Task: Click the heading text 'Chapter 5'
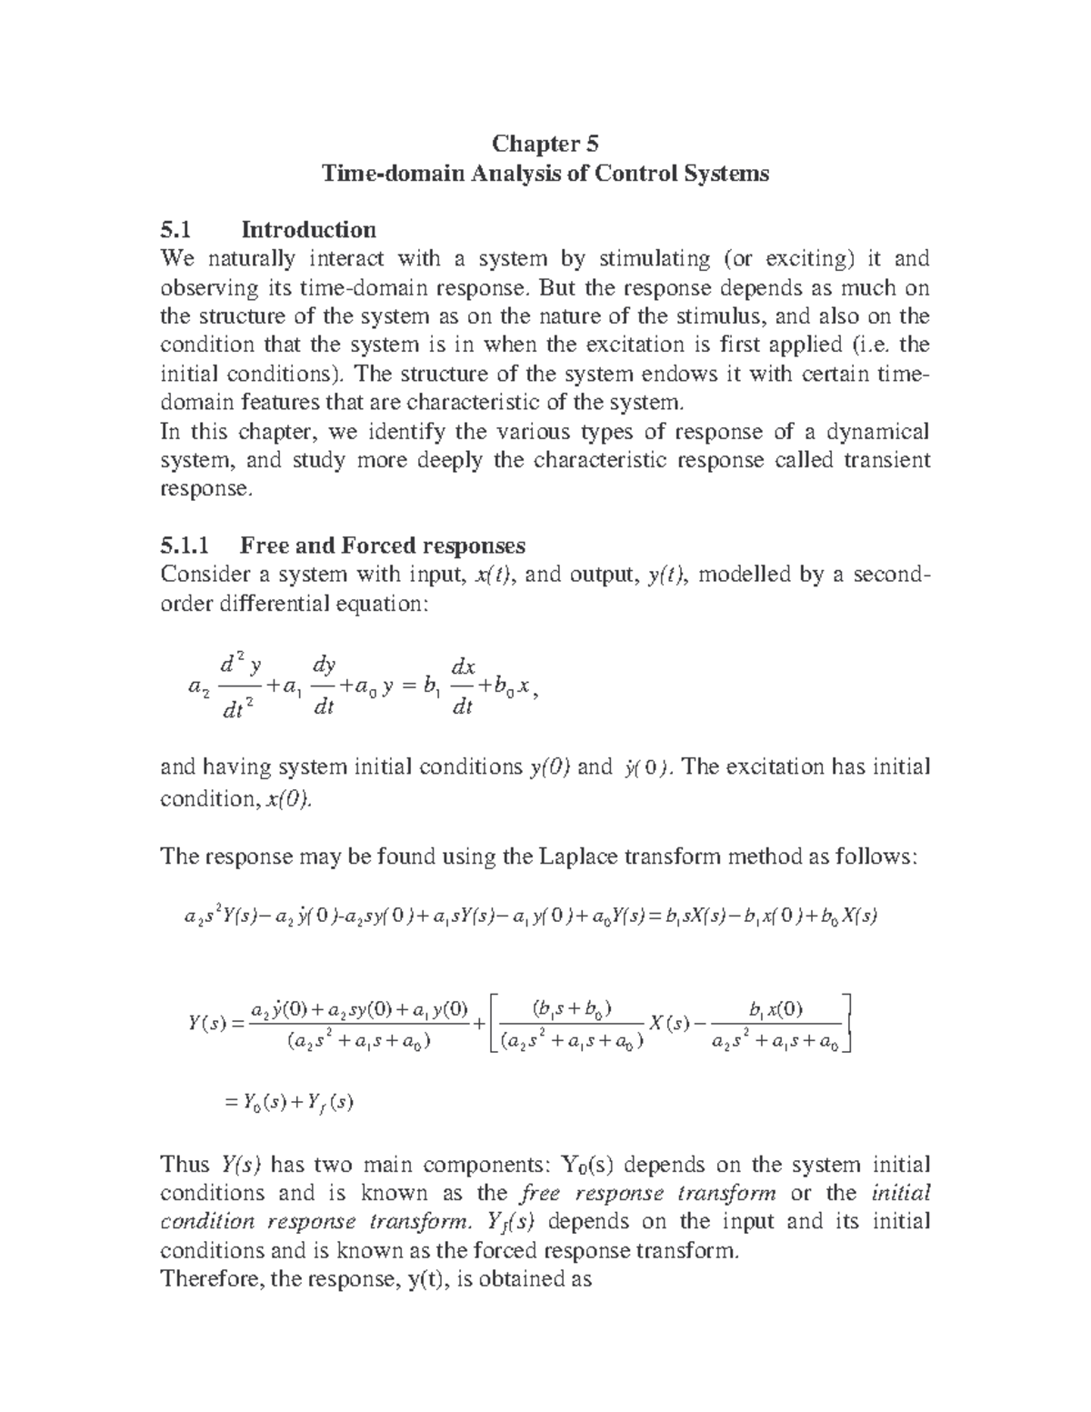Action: pos(545,144)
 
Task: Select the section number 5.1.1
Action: pos(185,546)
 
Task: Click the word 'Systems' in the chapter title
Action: pos(726,173)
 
